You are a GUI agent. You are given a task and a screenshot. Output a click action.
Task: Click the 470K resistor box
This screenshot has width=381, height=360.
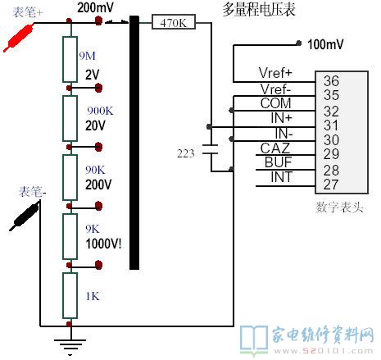(174, 22)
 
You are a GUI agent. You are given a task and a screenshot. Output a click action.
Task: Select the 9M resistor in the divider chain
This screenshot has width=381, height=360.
(70, 59)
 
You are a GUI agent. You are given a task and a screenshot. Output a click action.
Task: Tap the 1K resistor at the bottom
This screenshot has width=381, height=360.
(70, 295)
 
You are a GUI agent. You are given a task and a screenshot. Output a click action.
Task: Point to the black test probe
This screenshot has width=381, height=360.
(25, 216)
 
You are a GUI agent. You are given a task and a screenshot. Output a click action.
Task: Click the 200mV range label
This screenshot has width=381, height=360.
(95, 7)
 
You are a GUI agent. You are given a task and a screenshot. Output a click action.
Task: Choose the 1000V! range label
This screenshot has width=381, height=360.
(103, 244)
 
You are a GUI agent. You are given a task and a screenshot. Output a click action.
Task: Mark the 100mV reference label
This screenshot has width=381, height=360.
(325, 44)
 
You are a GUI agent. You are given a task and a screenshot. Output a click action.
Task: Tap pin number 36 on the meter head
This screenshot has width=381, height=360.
(331, 81)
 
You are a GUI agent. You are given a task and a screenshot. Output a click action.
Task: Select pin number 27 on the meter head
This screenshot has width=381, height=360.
(331, 185)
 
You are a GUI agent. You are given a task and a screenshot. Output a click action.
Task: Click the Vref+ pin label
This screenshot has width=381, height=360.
(275, 73)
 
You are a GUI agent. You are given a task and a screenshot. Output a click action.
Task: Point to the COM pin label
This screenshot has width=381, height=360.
(275, 103)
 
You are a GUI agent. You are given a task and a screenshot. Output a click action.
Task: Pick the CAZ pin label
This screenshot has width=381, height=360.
(275, 148)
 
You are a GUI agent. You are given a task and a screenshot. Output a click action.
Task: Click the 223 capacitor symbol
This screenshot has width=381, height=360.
(211, 149)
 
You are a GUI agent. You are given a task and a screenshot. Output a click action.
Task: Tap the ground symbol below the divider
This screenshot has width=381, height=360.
(70, 347)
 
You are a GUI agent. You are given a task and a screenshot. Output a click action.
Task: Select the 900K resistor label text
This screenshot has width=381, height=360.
(100, 111)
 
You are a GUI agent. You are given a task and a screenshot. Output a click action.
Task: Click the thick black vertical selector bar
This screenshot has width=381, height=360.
(134, 143)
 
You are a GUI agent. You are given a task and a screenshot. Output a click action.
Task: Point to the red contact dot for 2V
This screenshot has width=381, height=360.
(98, 88)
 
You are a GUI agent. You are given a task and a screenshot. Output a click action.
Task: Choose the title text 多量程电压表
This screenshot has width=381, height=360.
(259, 10)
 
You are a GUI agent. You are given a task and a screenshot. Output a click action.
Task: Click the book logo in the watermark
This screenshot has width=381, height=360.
(254, 339)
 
